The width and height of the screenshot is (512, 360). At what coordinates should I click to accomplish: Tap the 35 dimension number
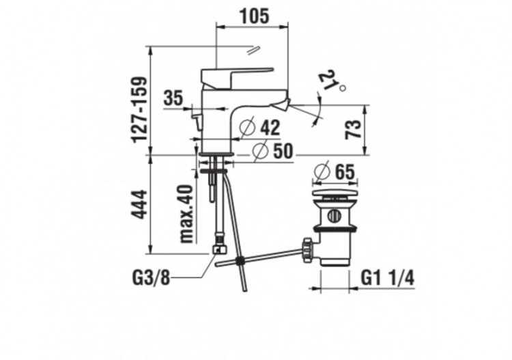(x=173, y=98)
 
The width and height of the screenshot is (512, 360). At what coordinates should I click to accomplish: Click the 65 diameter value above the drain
(x=346, y=171)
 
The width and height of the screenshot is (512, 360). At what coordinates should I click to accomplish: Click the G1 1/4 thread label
(x=386, y=278)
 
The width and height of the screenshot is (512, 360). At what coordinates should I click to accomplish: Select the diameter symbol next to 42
(x=248, y=126)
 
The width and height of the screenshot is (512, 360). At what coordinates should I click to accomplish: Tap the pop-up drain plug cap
(x=332, y=198)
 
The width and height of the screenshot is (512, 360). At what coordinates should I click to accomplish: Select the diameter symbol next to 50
(x=260, y=151)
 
